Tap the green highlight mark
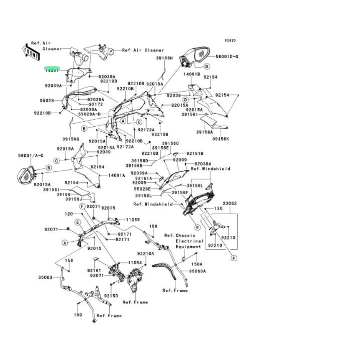tap(53, 69)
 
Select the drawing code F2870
tap(230, 41)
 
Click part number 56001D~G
tap(227, 56)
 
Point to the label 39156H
tap(164, 58)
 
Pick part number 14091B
tap(192, 74)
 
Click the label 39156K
tap(220, 139)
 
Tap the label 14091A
tap(117, 176)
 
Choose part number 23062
tap(230, 204)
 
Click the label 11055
tap(133, 220)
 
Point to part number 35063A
tap(197, 271)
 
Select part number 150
tap(78, 314)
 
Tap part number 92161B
tap(195, 153)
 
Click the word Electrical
tap(189, 241)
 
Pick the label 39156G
tap(71, 139)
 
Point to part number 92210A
tap(146, 253)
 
